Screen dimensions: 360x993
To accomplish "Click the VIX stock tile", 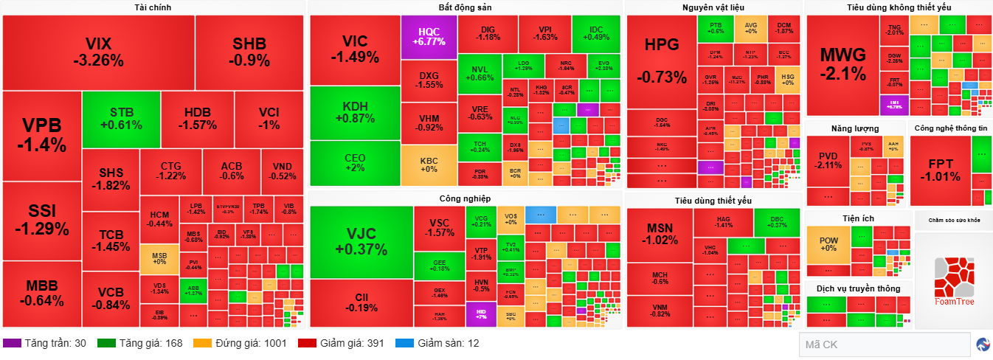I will click(98, 51).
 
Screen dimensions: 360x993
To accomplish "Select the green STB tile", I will click(121, 119).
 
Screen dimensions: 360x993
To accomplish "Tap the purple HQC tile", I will click(429, 37).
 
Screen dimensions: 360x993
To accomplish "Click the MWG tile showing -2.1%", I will click(843, 65).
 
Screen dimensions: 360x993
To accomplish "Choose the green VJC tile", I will click(361, 241).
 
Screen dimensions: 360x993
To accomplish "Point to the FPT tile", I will click(940, 170).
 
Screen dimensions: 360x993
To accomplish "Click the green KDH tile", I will click(354, 113).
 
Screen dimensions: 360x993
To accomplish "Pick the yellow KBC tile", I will click(429, 165).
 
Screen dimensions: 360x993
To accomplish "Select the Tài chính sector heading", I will click(153, 7).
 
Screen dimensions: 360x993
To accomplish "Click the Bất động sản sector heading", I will click(465, 7).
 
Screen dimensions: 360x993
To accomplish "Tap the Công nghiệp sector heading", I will click(465, 198).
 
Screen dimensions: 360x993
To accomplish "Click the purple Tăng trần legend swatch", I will click(12, 343).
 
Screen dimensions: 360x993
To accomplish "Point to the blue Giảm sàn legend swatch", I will click(404, 343).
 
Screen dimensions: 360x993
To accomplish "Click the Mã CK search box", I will click(884, 345).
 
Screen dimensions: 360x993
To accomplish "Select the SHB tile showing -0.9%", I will click(249, 51).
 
